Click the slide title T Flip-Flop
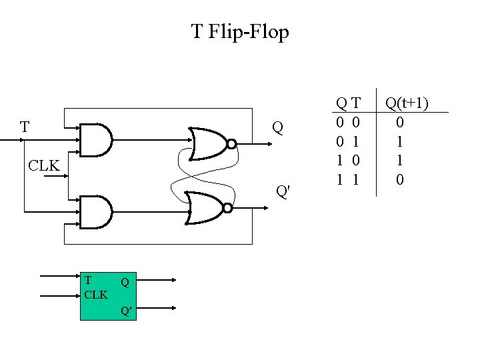[x=240, y=31]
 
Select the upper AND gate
[x=95, y=139]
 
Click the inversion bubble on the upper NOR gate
[x=231, y=144]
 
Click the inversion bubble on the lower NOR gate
[x=227, y=208]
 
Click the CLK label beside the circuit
[x=45, y=165]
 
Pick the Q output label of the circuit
[x=277, y=127]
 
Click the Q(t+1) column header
[x=406, y=103]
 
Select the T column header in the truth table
[x=356, y=103]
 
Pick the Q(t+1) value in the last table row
[x=399, y=179]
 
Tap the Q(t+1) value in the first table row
[x=399, y=122]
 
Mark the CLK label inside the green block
[x=97, y=294]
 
